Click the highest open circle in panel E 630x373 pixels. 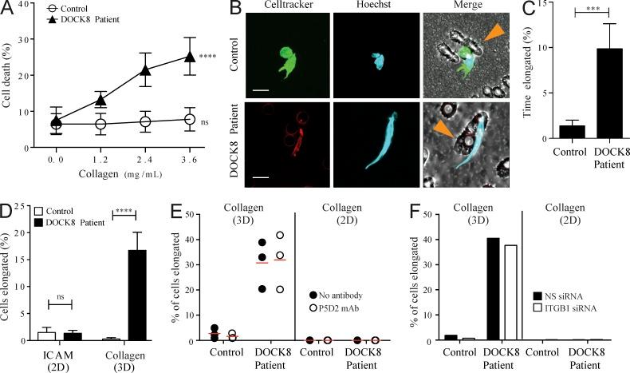tap(280, 236)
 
